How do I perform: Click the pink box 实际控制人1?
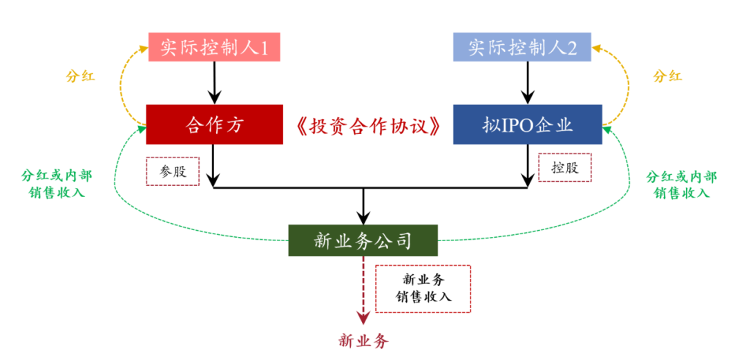tap(214, 47)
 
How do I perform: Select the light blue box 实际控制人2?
tap(522, 47)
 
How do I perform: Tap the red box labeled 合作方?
tap(214, 124)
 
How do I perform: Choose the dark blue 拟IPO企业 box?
tap(528, 124)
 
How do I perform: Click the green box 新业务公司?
tap(363, 240)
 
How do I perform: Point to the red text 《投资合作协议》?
tap(368, 125)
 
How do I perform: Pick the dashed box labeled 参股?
tap(172, 171)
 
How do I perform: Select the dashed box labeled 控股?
tap(565, 168)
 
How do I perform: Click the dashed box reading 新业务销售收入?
tap(423, 289)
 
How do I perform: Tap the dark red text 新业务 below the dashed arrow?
tap(364, 341)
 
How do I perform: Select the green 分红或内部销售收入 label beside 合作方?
tap(57, 184)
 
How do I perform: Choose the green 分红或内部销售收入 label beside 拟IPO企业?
tap(681, 184)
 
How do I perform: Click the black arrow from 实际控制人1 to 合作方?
tap(214, 83)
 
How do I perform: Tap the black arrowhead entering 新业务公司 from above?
tap(363, 218)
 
